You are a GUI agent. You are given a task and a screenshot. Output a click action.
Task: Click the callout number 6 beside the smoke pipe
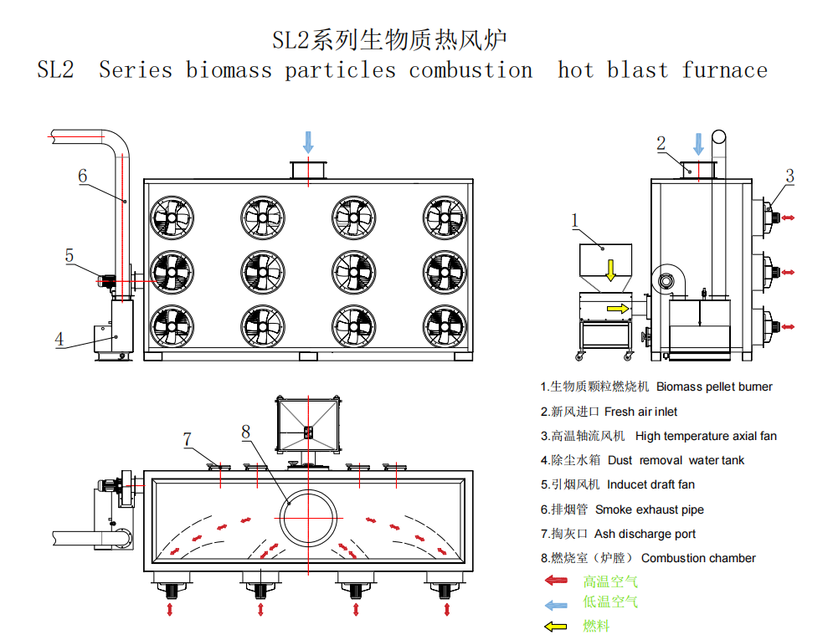(x=82, y=176)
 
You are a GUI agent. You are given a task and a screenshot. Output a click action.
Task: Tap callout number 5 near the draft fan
(x=69, y=255)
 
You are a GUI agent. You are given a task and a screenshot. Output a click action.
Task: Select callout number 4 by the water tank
(x=59, y=339)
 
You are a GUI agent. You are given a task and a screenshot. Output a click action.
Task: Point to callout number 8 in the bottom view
(x=245, y=432)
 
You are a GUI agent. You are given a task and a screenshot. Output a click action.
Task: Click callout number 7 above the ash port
(x=187, y=439)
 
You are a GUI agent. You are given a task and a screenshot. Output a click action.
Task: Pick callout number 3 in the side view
(x=790, y=176)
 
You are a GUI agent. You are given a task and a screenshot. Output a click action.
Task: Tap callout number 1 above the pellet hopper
(x=574, y=220)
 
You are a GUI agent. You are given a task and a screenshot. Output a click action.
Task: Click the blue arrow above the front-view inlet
(x=308, y=142)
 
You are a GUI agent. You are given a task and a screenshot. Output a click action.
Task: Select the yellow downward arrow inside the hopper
(x=611, y=270)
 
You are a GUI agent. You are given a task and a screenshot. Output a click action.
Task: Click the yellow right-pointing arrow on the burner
(x=618, y=309)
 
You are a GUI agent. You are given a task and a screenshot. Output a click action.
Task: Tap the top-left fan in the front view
(x=172, y=218)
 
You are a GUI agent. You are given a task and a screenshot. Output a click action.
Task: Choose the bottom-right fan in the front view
(x=445, y=326)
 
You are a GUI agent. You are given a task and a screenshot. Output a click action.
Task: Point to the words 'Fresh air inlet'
(x=640, y=412)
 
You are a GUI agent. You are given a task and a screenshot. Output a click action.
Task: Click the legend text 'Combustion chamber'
(x=698, y=558)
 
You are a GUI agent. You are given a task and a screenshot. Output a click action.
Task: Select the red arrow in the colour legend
(x=556, y=581)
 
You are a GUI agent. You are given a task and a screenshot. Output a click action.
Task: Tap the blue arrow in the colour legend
(x=556, y=605)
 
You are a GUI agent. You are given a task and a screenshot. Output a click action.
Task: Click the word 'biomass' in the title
(x=229, y=70)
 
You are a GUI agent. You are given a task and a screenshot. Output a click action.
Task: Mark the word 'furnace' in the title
(x=725, y=70)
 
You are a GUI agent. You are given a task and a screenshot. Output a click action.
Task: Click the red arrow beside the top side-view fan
(x=788, y=218)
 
